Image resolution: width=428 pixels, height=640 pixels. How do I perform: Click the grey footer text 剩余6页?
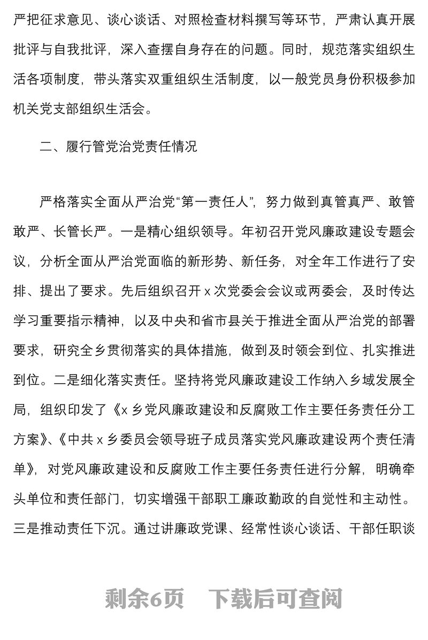pos(144,599)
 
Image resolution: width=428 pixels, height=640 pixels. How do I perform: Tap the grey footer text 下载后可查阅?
pos(275,599)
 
